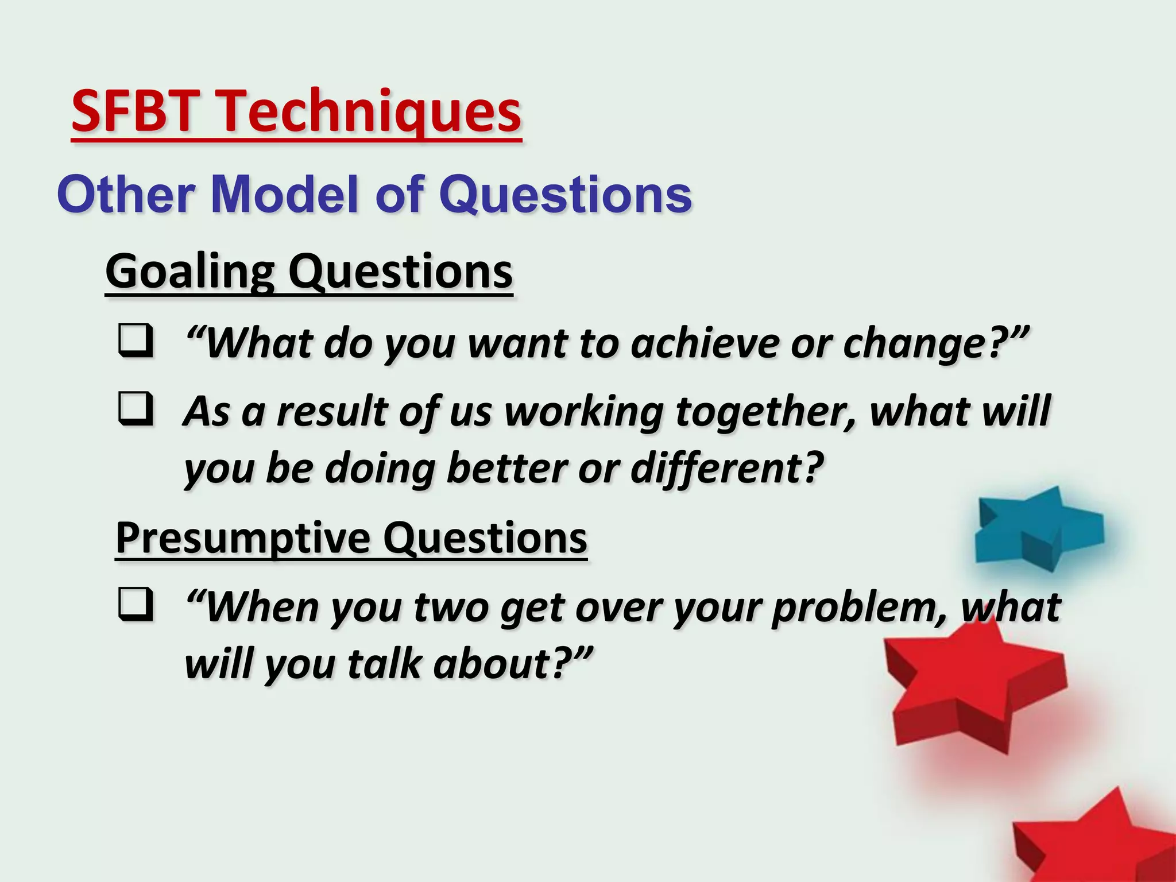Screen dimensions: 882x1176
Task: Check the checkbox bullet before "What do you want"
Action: point(136,341)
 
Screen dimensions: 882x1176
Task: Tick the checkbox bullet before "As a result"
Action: point(136,409)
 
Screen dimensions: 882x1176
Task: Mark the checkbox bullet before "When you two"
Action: point(136,605)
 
